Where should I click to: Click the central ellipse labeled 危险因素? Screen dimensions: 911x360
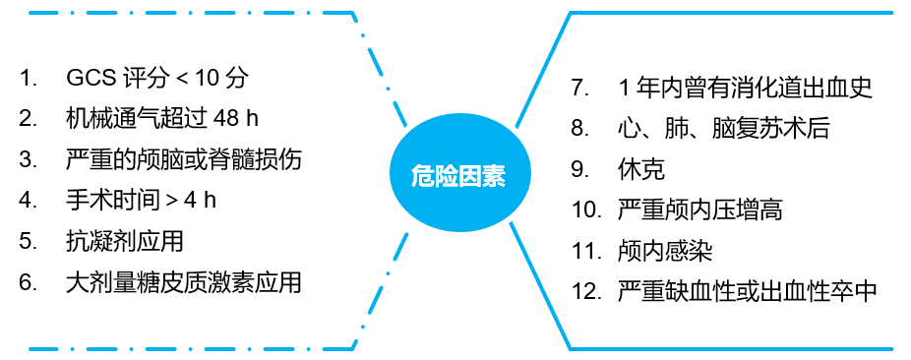457,176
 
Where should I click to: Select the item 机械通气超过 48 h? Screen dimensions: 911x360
161,118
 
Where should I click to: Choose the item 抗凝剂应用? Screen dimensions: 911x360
124,241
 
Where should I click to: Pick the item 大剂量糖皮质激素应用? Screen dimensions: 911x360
183,282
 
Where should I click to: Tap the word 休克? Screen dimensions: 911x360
641,168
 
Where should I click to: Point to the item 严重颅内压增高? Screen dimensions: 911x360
700,210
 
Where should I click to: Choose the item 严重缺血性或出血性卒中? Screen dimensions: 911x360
747,292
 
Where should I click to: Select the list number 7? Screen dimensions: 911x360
579,87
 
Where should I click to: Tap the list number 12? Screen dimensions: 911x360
585,292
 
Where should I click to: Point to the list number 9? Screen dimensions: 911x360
579,168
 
